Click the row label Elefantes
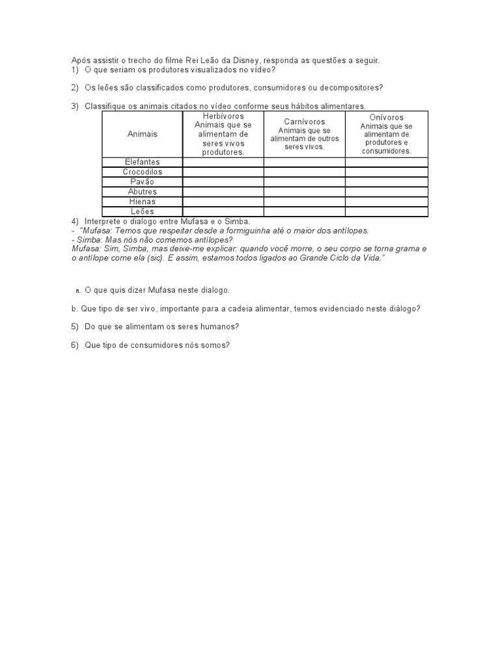coord(142,162)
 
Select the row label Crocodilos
coord(142,172)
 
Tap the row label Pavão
coord(142,182)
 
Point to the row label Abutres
coord(142,192)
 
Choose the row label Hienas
coord(142,202)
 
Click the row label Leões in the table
coord(142,211)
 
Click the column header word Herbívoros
coord(223,116)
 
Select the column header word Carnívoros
coord(304,122)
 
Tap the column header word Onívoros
coord(386,117)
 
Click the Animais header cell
coord(142,133)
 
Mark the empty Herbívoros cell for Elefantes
coord(223,162)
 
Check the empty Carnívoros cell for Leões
coord(304,211)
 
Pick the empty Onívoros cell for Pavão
coord(386,182)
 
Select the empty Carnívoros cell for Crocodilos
coord(304,172)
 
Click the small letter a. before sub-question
coord(77,291)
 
